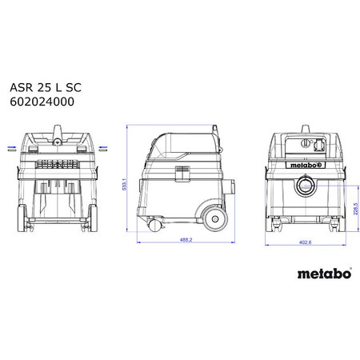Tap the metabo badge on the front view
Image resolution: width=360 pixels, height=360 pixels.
coord(303,166)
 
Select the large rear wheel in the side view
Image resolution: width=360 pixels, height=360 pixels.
coord(211,215)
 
